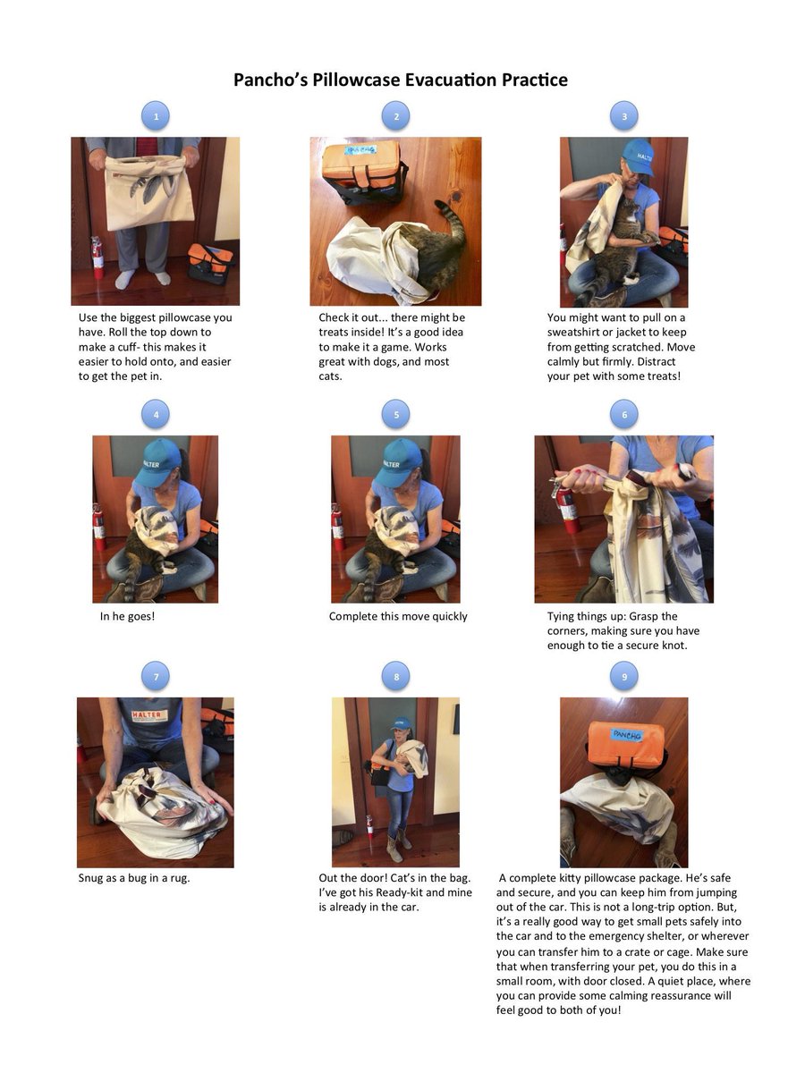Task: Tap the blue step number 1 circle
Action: (x=157, y=115)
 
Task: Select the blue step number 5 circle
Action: (x=396, y=414)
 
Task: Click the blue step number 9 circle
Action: (x=624, y=677)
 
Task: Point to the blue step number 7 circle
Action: (x=157, y=677)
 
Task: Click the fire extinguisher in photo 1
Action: (x=97, y=258)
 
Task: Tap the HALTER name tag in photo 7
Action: (x=149, y=715)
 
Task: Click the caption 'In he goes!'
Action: (x=127, y=616)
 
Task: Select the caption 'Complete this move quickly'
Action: (x=398, y=616)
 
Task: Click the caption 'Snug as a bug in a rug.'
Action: (x=134, y=877)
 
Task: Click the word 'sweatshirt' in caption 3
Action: (x=576, y=333)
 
